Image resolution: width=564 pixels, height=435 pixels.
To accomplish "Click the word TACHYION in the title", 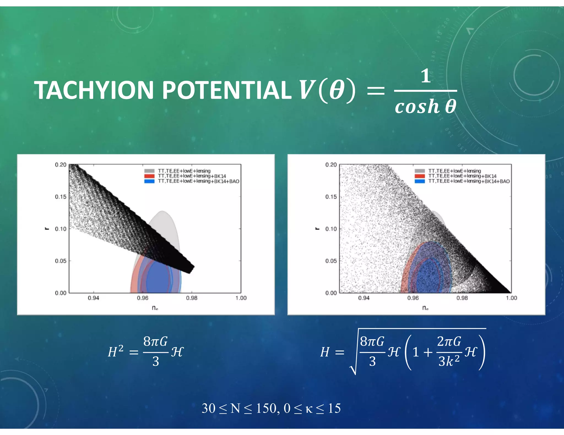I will click(94, 90).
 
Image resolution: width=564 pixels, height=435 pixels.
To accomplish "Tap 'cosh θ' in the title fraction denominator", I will click(425, 107).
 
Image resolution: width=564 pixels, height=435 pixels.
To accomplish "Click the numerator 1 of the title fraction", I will click(425, 76).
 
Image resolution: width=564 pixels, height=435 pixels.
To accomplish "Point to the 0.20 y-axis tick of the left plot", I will click(61, 165).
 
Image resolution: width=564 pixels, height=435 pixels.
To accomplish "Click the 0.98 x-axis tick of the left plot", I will click(192, 298).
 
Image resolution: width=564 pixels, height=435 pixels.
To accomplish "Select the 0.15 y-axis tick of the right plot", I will click(331, 197).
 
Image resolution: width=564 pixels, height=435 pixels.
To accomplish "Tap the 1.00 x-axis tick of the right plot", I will click(511, 298).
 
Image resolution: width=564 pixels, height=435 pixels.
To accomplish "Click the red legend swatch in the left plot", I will click(149, 176).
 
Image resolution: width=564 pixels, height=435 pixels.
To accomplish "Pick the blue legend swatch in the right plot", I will click(420, 181).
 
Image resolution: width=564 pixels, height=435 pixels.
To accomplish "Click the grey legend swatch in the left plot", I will click(149, 171).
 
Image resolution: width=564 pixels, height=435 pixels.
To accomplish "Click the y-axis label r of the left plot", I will click(47, 228).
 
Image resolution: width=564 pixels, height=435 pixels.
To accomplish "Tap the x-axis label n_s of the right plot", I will click(425, 308).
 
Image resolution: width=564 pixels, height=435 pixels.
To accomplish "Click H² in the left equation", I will click(115, 352).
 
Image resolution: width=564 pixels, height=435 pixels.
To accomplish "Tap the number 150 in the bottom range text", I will click(266, 408).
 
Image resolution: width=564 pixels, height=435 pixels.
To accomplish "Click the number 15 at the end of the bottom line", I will click(334, 408).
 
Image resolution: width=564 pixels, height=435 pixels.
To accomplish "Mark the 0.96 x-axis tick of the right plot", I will click(413, 298).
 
